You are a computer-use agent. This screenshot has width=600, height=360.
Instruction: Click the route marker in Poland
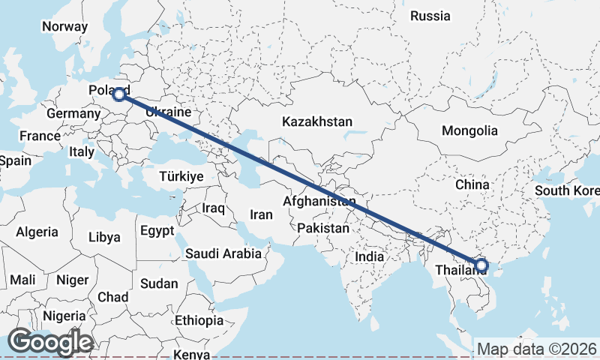(x=118, y=94)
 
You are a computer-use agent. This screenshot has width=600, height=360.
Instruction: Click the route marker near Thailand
(x=481, y=265)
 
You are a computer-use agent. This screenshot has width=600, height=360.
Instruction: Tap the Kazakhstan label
(x=317, y=121)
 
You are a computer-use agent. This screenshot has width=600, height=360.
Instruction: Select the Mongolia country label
(x=469, y=130)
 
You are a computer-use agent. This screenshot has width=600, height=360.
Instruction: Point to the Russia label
(x=430, y=15)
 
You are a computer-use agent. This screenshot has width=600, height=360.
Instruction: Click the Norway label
(x=64, y=26)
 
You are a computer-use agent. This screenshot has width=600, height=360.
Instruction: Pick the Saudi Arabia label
(x=223, y=253)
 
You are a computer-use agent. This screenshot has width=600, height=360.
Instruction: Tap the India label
(x=370, y=256)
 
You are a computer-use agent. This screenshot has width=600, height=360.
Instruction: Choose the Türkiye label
(x=181, y=176)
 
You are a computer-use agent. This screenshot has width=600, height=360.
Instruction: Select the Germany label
(x=73, y=114)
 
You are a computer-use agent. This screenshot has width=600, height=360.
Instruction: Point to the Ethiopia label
(x=199, y=320)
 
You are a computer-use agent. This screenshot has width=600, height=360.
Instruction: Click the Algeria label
(x=37, y=232)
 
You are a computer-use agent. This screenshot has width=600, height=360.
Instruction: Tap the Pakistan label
(x=323, y=228)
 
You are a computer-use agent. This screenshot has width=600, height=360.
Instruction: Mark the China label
(x=472, y=184)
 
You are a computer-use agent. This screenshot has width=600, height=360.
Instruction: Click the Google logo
(x=49, y=342)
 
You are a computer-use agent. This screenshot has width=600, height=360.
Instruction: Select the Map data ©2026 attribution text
(x=537, y=349)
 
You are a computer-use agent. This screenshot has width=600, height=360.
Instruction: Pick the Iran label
(x=261, y=214)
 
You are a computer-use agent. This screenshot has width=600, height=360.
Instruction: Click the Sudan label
(x=159, y=283)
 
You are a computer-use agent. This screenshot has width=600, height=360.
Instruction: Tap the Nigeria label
(x=64, y=316)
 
